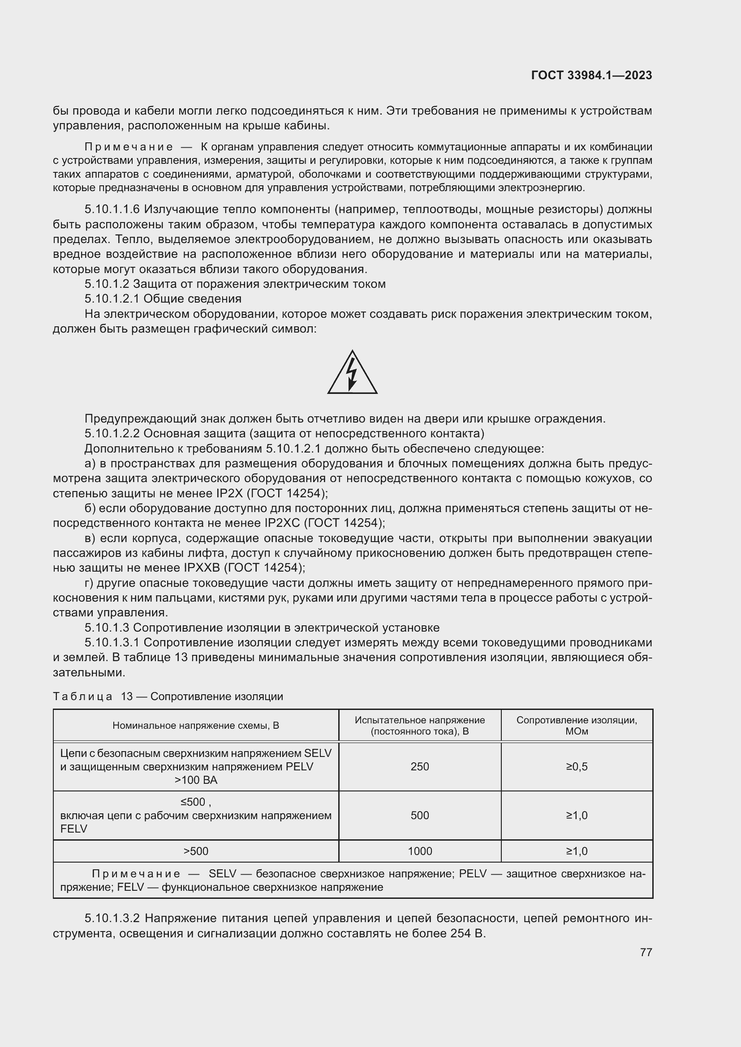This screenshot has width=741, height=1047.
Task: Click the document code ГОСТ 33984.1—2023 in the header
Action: pyautogui.click(x=591, y=75)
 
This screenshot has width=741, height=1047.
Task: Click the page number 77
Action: pyautogui.click(x=646, y=952)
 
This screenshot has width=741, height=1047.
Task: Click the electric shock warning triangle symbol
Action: pyautogui.click(x=352, y=373)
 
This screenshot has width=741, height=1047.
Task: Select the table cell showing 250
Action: pyautogui.click(x=419, y=766)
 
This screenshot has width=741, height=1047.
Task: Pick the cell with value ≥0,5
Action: pyautogui.click(x=577, y=766)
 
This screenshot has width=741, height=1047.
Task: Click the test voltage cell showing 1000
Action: pyautogui.click(x=419, y=851)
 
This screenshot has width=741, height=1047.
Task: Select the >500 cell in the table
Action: pyautogui.click(x=196, y=851)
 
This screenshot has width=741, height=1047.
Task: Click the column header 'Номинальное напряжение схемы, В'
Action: pyautogui.click(x=196, y=726)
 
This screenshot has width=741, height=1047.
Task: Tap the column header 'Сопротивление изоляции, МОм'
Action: pyautogui.click(x=577, y=726)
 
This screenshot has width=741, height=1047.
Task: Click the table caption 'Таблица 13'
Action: pyautogui.click(x=93, y=697)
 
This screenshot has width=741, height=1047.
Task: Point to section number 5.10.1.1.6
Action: pyautogui.click(x=112, y=209)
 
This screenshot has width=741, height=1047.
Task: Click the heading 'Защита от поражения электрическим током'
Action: pyautogui.click(x=259, y=284)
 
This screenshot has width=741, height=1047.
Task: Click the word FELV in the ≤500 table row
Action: pyautogui.click(x=73, y=829)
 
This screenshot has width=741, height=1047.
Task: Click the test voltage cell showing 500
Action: pyautogui.click(x=419, y=815)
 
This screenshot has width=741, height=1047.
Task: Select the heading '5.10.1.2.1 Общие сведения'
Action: pyautogui.click(x=163, y=299)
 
